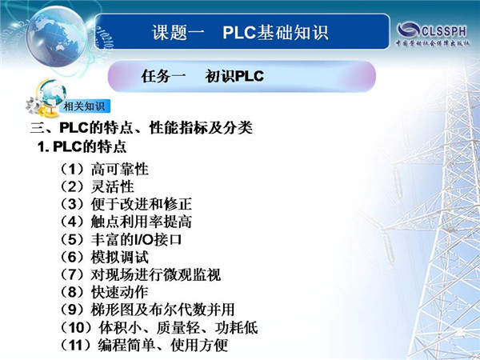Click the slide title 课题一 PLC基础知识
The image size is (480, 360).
pos(240,33)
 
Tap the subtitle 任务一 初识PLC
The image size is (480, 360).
pos(202,76)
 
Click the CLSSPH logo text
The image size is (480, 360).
pos(444,31)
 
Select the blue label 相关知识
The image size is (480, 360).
pos(84,106)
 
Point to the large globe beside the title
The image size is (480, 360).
pos(57,37)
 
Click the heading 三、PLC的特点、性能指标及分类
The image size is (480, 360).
pos(141,127)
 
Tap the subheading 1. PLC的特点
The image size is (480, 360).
pos(82,146)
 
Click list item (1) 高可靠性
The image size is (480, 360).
pos(103,170)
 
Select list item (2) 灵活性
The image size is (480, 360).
pos(96,186)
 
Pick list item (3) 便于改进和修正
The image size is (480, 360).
pos(125,204)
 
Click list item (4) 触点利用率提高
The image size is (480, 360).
pos(125,222)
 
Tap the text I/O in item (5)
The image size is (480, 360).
pos(144,240)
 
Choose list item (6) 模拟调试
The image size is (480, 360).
pos(103,257)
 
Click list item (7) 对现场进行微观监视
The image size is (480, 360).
pos(139,274)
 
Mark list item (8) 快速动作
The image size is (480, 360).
pos(103,292)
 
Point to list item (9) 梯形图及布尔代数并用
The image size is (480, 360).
pos(146,310)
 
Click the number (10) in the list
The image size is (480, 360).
pos(76,328)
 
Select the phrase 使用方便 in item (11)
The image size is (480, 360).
pos(199,346)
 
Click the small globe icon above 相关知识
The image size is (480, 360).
pos(53,93)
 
